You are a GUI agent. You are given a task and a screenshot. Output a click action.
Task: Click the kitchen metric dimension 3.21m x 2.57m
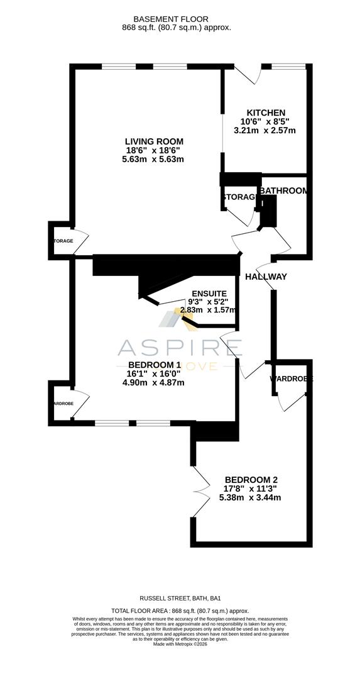tap(265, 131)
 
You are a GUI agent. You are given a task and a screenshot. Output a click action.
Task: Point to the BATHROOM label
tap(284, 190)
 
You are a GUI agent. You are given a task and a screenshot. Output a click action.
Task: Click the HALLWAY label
tap(266, 277)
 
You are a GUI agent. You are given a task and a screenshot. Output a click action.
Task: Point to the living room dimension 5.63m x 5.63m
tap(153, 160)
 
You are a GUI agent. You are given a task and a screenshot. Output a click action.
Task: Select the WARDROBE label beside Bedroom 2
tap(291, 379)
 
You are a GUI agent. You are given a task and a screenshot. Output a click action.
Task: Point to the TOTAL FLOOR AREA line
tap(180, 610)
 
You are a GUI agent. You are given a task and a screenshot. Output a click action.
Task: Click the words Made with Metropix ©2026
tap(180, 643)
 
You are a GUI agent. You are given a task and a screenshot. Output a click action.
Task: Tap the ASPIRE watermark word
tap(180, 347)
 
